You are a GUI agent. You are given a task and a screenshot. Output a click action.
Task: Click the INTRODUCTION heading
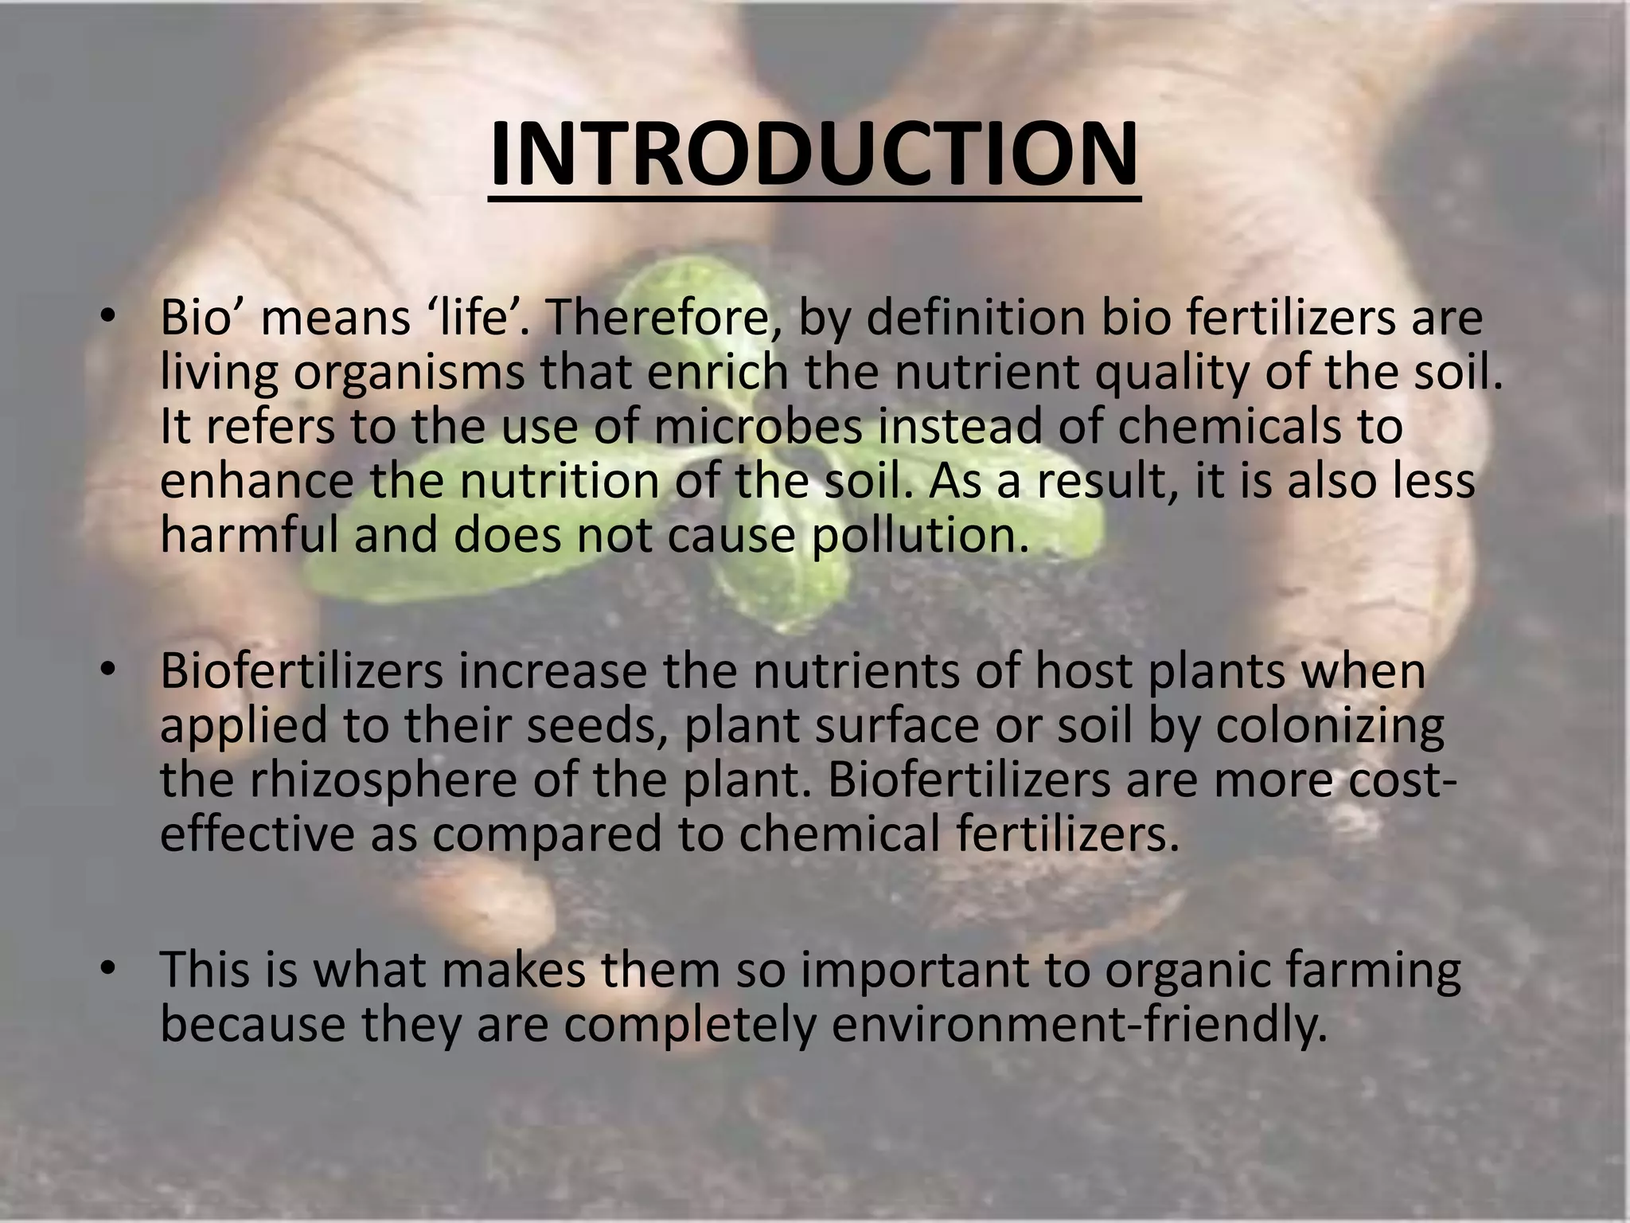[813, 156]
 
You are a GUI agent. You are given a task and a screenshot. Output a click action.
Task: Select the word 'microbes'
[759, 426]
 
